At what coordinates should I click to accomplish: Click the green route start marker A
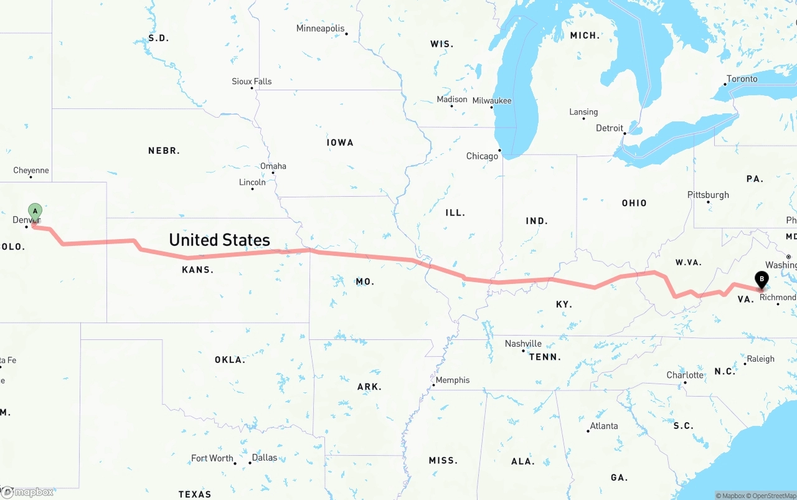(35, 212)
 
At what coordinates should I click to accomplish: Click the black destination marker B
(761, 280)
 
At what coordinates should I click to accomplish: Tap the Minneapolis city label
(320, 29)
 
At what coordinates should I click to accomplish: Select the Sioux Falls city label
(252, 82)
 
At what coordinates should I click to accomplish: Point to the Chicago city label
(482, 156)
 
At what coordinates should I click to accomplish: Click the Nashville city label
(523, 344)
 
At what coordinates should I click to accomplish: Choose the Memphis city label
(453, 380)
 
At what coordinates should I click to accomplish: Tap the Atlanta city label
(604, 426)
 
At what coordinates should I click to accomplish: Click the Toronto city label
(742, 79)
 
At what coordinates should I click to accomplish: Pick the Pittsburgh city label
(708, 195)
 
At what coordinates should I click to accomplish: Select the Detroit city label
(610, 128)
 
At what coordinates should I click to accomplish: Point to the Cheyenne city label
(31, 171)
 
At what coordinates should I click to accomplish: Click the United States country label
(219, 240)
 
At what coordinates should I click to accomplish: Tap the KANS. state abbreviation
(197, 270)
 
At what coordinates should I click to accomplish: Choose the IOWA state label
(340, 143)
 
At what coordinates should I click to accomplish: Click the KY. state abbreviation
(564, 304)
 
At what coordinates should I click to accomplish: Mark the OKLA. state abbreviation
(230, 360)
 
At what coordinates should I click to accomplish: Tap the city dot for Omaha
(273, 173)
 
